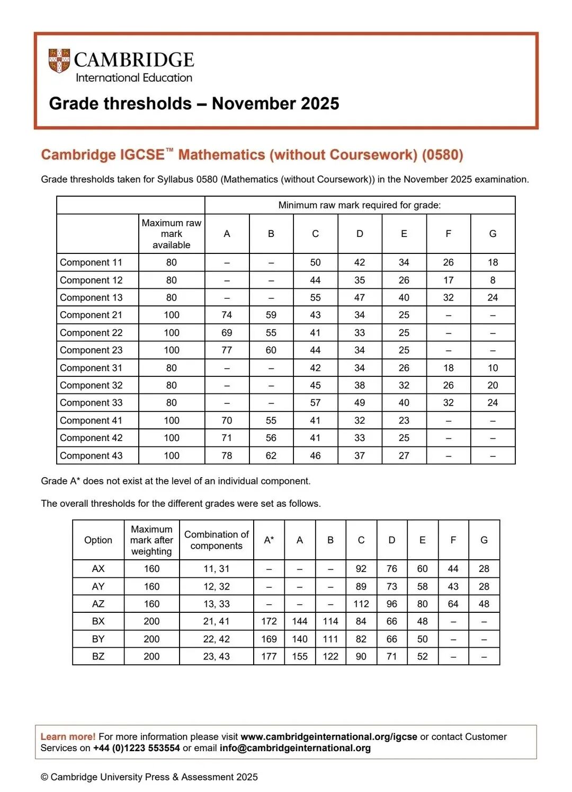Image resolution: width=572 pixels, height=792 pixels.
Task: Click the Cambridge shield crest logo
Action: [59, 61]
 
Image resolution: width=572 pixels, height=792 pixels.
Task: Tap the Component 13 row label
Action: [91, 297]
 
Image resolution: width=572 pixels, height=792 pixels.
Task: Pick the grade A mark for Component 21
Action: [227, 315]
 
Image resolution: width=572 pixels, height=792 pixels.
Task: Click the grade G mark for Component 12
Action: [493, 280]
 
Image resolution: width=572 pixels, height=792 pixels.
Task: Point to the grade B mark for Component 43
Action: [271, 455]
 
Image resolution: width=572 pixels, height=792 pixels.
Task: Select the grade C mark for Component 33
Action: [315, 403]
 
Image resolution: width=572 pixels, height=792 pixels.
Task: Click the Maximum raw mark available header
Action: [172, 234]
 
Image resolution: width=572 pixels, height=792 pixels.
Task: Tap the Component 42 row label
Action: [91, 438]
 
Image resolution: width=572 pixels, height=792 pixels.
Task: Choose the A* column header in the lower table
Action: [269, 540]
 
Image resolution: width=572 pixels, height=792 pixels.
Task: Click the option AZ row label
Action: [99, 604]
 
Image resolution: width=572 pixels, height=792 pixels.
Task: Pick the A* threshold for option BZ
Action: [269, 656]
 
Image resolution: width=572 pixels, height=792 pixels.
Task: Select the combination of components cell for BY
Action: [217, 639]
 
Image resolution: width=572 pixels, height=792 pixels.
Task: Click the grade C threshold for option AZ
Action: [361, 604]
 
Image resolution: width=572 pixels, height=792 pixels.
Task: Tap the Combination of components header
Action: [217, 540]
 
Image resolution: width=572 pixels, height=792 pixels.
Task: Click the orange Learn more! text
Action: [68, 736]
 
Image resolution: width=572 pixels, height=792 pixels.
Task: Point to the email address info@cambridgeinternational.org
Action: [295, 748]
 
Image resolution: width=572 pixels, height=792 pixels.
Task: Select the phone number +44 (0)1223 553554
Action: [137, 748]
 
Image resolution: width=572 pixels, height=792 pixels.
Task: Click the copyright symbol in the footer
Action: [44, 777]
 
